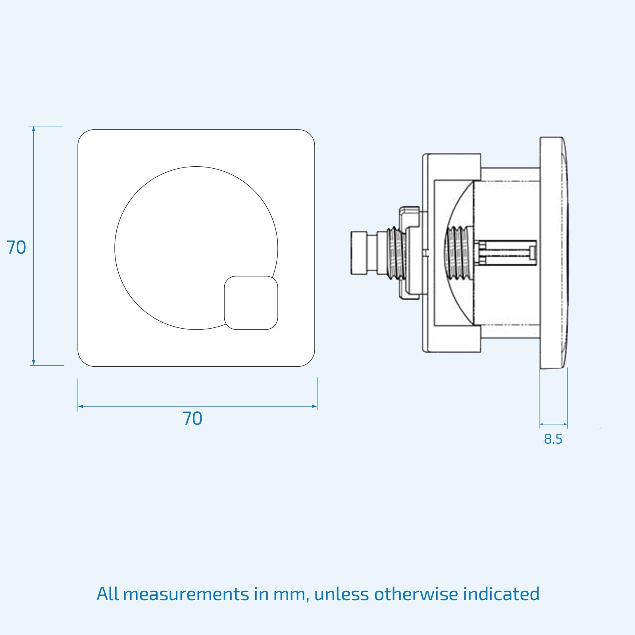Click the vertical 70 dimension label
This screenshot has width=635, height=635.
click(16, 248)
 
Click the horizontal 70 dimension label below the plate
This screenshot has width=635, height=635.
click(192, 419)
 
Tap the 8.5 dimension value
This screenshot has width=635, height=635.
click(553, 439)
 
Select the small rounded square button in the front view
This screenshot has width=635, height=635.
click(251, 303)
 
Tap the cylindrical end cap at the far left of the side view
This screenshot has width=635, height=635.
click(359, 254)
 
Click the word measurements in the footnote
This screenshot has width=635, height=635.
click(186, 594)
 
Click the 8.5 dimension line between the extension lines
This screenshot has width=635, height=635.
click(553, 424)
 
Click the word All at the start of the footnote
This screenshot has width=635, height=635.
click(108, 594)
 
